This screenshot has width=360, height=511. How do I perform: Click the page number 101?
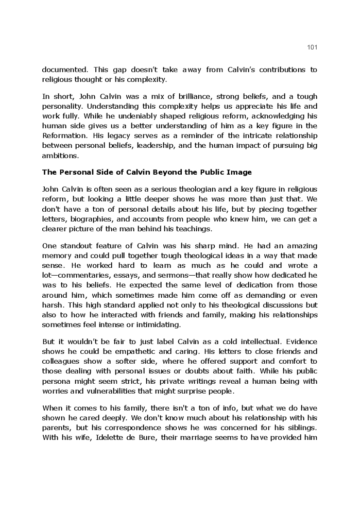tap(312, 47)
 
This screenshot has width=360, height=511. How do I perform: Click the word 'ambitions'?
tap(60, 156)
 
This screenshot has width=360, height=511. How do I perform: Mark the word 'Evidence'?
tap(300, 342)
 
